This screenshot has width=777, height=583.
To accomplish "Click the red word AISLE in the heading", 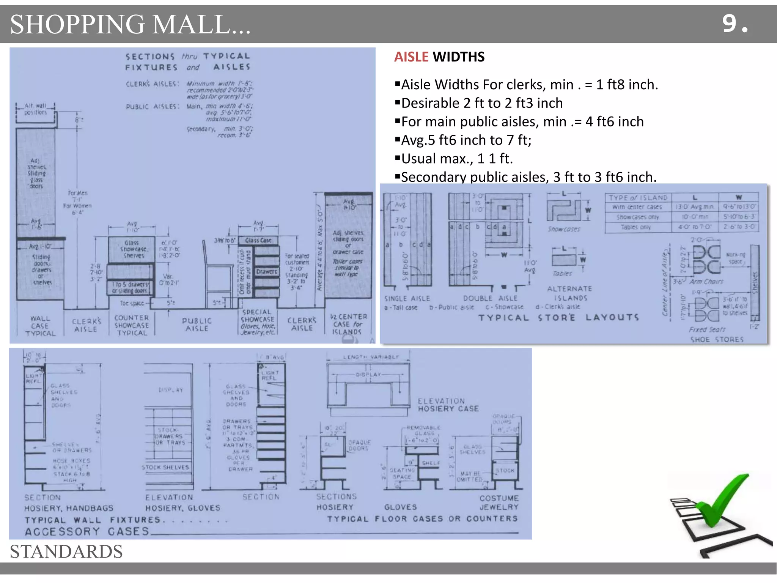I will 411,57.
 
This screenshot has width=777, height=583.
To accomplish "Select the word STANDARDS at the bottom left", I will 66,551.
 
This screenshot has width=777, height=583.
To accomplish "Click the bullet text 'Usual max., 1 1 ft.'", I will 457,159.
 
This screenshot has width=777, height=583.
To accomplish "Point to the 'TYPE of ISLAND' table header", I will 638,197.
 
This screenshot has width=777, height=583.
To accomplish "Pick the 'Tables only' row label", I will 635,227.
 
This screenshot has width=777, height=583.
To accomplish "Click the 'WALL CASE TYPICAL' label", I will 40,326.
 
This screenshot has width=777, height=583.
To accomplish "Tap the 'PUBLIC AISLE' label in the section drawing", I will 197,325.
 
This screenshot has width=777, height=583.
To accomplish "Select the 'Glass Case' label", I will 258,240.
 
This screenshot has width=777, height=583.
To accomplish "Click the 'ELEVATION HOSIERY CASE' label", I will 448,405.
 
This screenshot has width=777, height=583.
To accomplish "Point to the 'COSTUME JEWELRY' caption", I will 499,503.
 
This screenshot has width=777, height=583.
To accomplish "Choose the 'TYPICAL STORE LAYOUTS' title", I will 558,318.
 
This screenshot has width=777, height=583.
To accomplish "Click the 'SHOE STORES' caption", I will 716,339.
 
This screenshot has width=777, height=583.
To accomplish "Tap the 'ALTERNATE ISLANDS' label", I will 570,293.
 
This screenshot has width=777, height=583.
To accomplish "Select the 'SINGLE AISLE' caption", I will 407,298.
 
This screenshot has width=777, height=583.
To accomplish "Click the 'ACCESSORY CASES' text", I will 87,531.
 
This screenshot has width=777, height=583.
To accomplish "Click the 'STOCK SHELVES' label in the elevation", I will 165,467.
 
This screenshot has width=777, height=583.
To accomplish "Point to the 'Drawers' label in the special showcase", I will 266,272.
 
